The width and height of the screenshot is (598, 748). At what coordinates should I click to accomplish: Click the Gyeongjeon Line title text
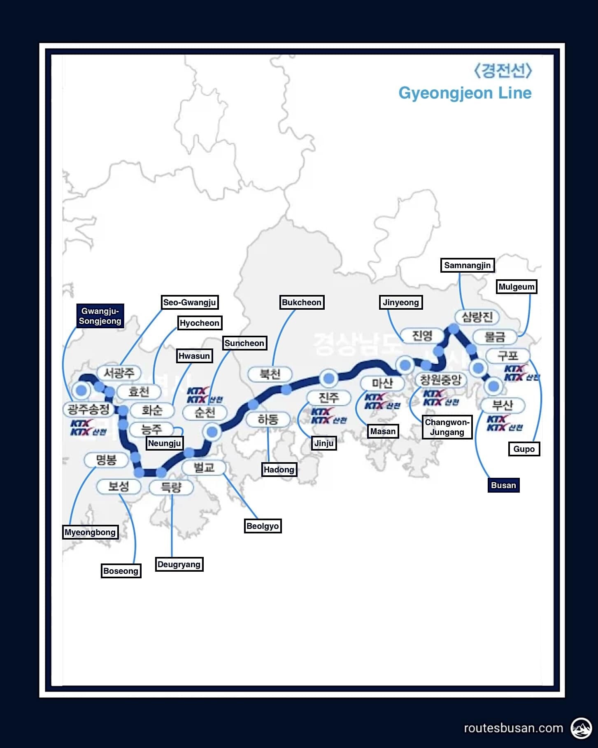click(465, 93)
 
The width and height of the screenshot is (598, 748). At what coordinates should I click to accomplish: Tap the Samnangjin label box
click(467, 265)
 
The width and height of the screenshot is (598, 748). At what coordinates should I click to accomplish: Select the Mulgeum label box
click(516, 287)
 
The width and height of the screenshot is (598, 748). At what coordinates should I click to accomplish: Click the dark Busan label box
click(503, 485)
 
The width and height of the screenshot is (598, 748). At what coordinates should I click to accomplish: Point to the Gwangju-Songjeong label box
click(100, 316)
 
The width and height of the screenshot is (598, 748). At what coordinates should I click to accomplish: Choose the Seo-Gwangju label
click(189, 302)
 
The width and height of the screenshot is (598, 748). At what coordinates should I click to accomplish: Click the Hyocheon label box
click(200, 323)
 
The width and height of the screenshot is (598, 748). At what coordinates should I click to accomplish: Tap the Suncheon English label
click(244, 343)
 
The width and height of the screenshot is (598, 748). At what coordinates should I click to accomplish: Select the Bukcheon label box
click(301, 302)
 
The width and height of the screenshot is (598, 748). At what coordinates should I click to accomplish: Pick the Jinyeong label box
click(400, 302)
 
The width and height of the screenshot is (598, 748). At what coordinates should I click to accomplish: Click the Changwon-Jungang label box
click(447, 427)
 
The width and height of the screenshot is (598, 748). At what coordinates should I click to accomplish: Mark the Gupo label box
click(524, 449)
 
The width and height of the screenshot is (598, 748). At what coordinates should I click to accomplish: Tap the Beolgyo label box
click(263, 526)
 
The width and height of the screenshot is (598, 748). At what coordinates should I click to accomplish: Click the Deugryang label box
click(179, 564)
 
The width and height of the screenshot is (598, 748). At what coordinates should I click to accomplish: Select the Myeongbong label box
click(90, 532)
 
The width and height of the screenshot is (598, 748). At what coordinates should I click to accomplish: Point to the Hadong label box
click(279, 470)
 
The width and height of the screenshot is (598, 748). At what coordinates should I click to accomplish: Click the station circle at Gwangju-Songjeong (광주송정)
click(81, 390)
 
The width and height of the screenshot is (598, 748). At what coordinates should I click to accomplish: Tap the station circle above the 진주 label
click(329, 378)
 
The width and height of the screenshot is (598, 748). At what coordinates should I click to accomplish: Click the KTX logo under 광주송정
click(87, 428)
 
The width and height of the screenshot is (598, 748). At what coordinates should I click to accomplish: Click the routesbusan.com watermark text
click(513, 728)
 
